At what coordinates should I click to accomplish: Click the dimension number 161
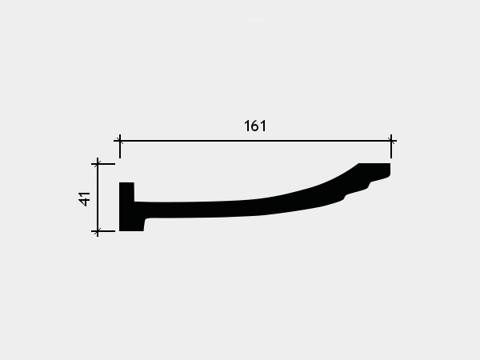point(255,126)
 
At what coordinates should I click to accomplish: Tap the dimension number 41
point(85,199)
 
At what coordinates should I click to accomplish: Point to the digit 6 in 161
point(255,126)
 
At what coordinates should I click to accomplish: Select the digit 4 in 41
point(85,202)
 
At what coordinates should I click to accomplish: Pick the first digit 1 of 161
point(246,126)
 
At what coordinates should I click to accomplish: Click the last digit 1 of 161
point(263,126)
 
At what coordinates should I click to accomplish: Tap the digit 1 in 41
point(85,194)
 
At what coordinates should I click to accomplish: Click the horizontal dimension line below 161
point(255,141)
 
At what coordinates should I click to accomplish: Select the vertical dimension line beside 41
point(98,198)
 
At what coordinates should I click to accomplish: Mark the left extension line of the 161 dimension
point(120,146)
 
